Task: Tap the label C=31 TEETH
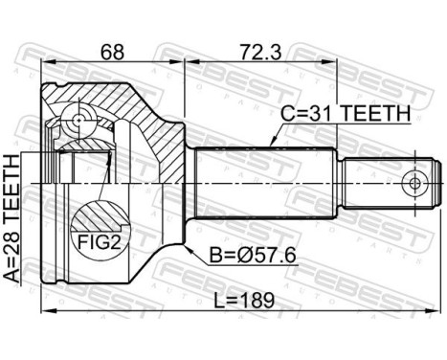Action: pyautogui.click(x=346, y=114)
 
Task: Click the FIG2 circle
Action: pyautogui.click(x=99, y=230)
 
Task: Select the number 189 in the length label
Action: pyautogui.click(x=257, y=299)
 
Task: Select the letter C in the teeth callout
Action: pyautogui.click(x=285, y=114)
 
